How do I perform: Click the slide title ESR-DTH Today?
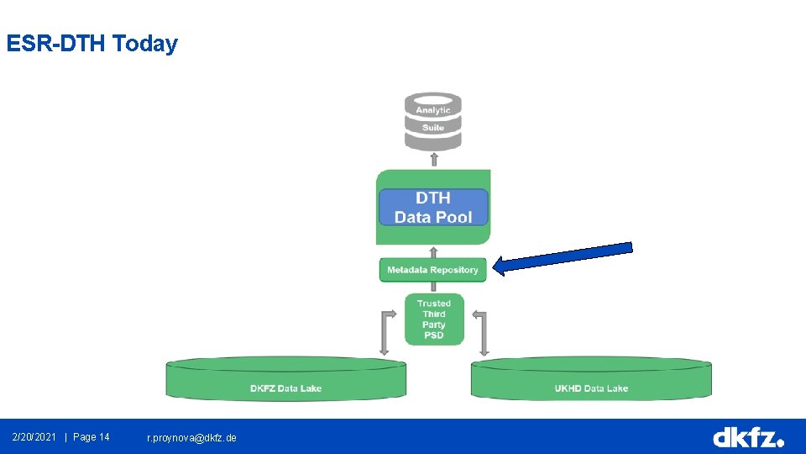coord(92,44)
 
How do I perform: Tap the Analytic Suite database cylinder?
coord(433,120)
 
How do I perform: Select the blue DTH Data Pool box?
coord(433,208)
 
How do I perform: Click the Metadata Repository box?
coord(432,270)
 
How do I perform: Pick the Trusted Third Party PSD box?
coord(434,319)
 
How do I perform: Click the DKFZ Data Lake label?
coord(285,388)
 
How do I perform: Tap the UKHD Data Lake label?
coord(591,388)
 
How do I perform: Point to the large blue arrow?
coord(562,257)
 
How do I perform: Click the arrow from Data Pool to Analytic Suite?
coord(433,160)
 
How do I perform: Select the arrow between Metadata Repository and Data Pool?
coord(433,251)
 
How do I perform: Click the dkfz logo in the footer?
coord(747,437)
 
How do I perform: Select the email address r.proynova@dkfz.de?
coord(191,438)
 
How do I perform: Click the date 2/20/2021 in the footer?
coord(34,437)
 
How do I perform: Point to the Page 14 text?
coord(92,437)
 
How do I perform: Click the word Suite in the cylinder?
coord(433,128)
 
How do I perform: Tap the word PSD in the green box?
coord(434,335)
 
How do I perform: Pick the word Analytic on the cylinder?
coord(433,110)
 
